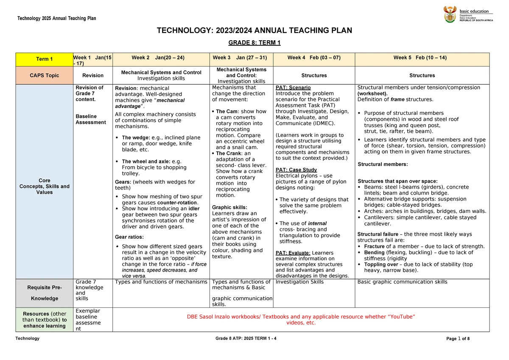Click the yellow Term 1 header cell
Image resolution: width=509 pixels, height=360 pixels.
click(x=45, y=59)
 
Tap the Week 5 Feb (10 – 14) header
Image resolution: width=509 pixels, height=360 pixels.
click(x=420, y=58)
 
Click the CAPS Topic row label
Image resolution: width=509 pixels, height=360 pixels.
click(x=45, y=75)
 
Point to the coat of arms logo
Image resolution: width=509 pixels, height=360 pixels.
click(x=450, y=15)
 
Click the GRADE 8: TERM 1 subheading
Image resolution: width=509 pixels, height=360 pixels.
click(x=255, y=43)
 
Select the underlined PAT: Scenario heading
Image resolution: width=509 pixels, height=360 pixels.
click(x=293, y=88)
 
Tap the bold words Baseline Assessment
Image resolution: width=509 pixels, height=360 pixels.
click(x=90, y=119)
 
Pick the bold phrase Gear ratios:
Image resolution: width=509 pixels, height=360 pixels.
click(x=129, y=237)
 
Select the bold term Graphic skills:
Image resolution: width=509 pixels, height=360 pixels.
click(x=227, y=207)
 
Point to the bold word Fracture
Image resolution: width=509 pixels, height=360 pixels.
click(x=375, y=246)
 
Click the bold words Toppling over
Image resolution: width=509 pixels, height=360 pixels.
click(x=381, y=264)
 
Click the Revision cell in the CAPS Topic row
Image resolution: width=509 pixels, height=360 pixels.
click(x=93, y=75)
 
